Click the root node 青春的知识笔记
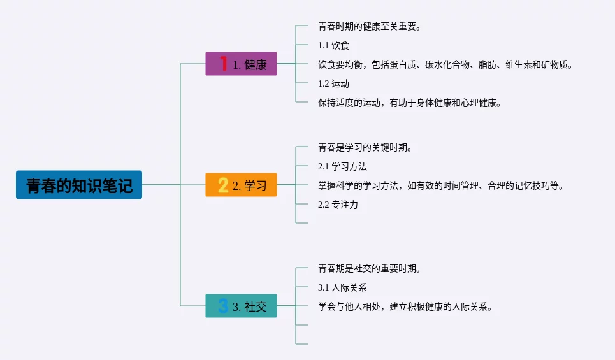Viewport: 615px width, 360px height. [79, 185]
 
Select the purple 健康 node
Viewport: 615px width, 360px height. [241, 64]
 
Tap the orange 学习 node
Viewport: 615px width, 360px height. [241, 185]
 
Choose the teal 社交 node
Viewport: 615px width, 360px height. [241, 306]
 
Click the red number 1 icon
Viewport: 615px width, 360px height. [224, 63]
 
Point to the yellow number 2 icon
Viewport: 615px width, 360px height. [223, 185]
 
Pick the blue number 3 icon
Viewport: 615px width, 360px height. [223, 306]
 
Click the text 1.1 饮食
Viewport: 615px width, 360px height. [333, 45]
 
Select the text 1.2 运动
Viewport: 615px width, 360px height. [333, 83]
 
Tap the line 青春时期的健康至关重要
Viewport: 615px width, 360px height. [369, 26]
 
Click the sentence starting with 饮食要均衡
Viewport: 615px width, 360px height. [445, 64]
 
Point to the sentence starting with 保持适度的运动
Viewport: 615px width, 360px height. [409, 103]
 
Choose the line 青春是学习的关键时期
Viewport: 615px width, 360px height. [365, 147]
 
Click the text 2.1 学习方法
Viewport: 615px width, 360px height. [342, 166]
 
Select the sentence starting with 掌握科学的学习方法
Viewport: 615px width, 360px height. [440, 185]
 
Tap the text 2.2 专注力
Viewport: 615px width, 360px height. [338, 205]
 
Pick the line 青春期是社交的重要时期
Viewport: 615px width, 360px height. [369, 268]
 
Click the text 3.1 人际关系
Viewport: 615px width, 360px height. [342, 287]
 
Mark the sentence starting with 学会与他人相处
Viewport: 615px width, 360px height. [405, 306]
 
